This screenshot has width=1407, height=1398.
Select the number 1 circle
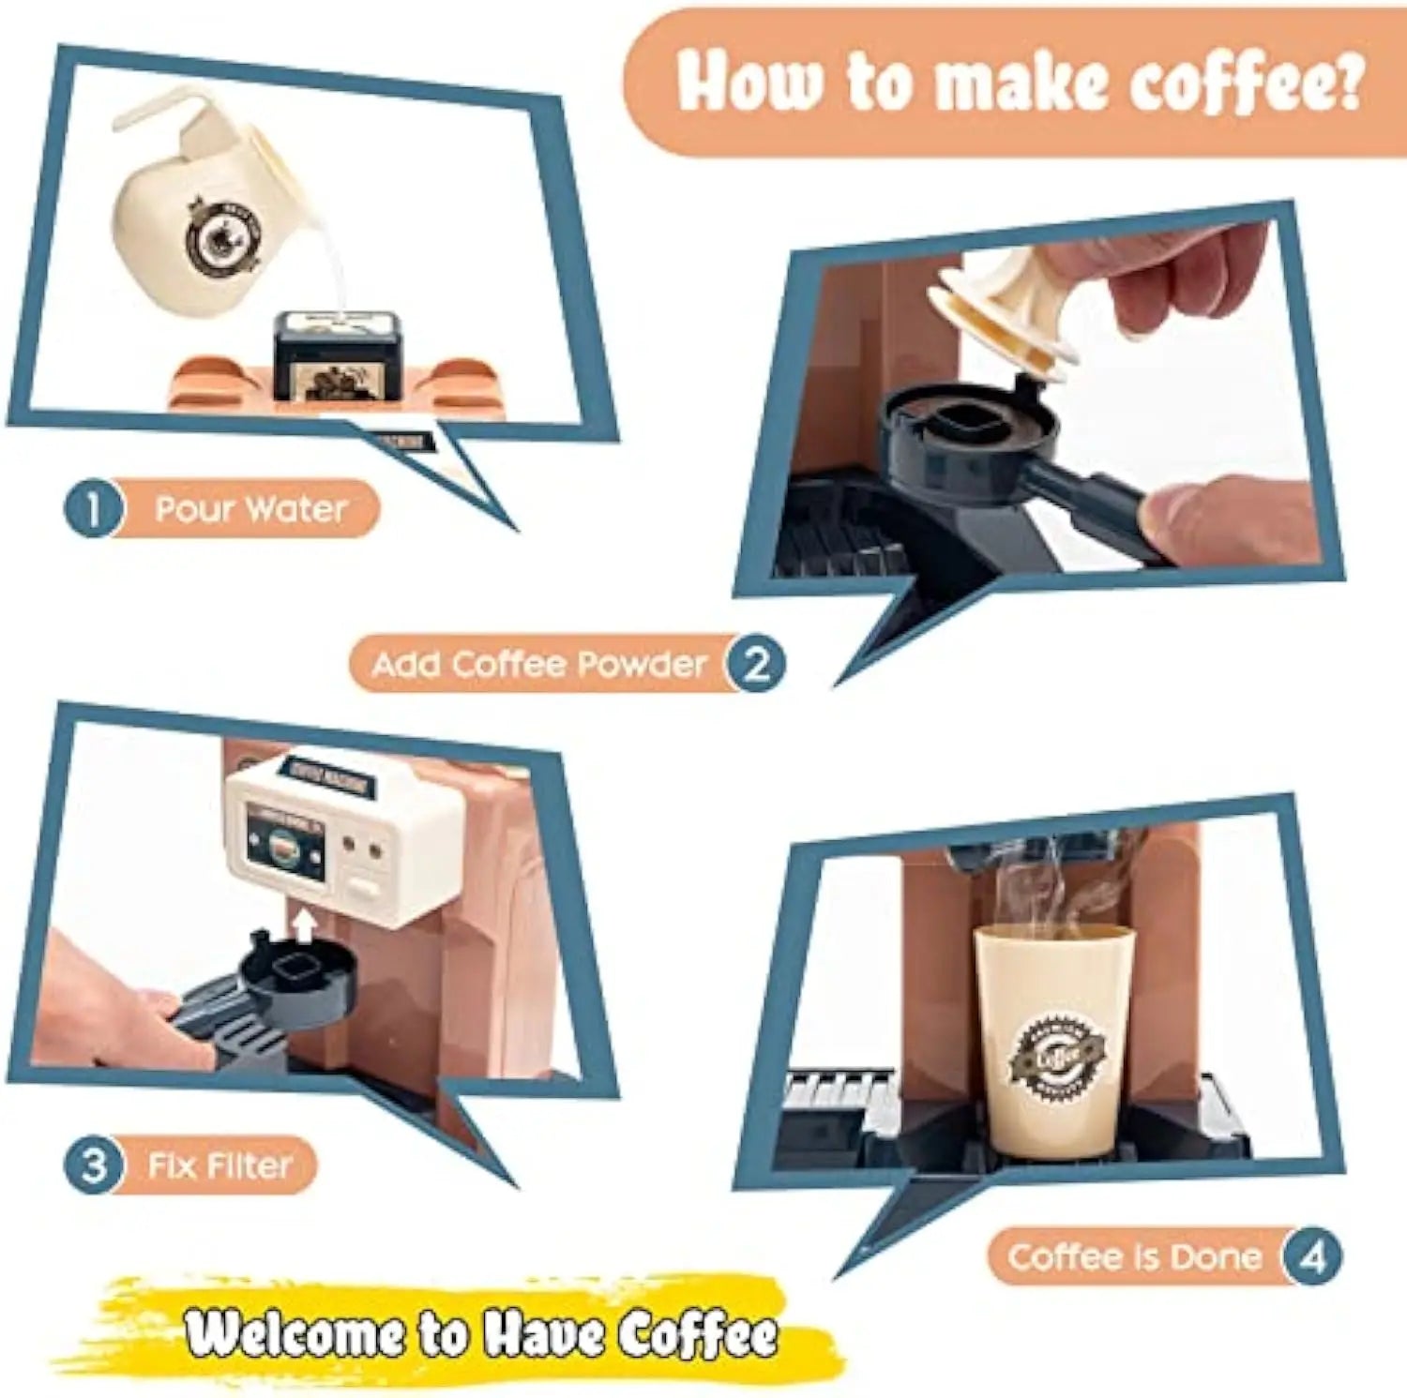[x=92, y=509]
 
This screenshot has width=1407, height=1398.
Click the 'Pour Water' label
[x=250, y=509]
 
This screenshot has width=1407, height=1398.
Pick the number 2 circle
[x=756, y=665]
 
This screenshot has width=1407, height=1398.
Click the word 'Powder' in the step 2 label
[x=642, y=665]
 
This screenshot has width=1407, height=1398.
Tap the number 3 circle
[x=92, y=1166]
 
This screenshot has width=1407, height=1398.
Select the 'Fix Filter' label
[x=219, y=1166]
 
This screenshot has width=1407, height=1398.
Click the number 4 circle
[x=1311, y=1256]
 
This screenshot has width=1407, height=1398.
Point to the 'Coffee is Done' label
[x=1135, y=1256]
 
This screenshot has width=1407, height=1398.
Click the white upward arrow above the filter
[x=303, y=925]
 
